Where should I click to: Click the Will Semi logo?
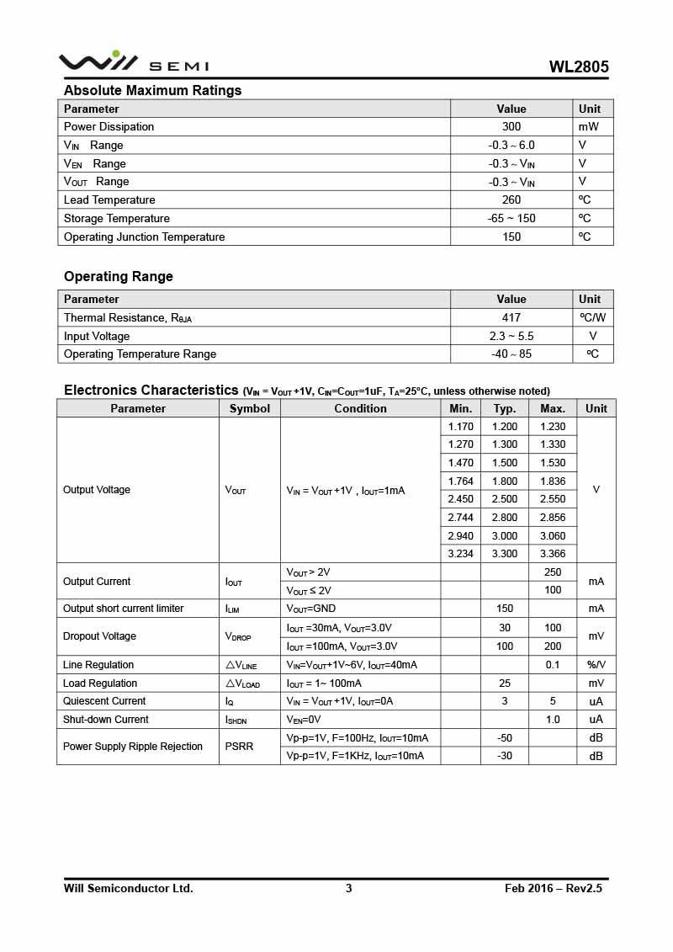(133, 62)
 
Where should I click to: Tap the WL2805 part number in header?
(579, 67)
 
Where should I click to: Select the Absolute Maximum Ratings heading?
(152, 90)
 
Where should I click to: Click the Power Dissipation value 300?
(511, 127)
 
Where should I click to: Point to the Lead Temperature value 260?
(511, 200)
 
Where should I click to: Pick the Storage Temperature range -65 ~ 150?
(511, 219)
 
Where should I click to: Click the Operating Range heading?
(119, 276)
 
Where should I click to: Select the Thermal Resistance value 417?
(511, 318)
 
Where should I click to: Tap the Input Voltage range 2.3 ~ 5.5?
(511, 336)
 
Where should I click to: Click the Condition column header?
(360, 408)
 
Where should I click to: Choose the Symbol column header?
(250, 408)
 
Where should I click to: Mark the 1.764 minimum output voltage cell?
(460, 481)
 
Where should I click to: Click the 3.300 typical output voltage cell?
(505, 554)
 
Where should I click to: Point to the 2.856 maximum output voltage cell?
(553, 518)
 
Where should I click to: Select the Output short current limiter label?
(123, 609)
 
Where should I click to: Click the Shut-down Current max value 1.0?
(553, 720)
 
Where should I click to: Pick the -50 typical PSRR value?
(505, 738)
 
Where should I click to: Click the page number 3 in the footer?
(349, 888)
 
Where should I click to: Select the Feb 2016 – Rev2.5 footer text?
(554, 888)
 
